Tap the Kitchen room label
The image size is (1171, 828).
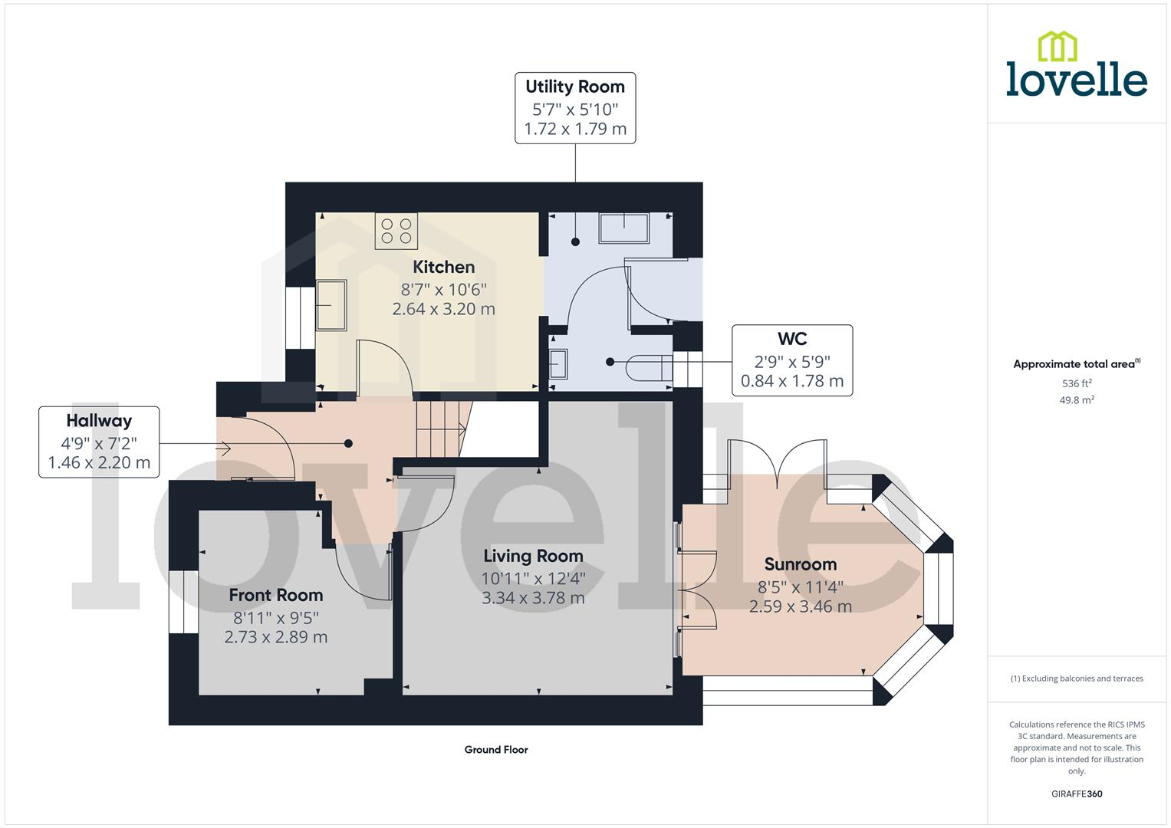(x=443, y=267)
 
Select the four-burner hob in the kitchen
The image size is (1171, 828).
(x=396, y=231)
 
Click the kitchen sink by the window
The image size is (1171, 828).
(x=331, y=305)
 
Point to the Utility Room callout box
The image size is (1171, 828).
(x=575, y=108)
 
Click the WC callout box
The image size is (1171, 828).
(x=792, y=360)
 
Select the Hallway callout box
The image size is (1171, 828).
(x=99, y=442)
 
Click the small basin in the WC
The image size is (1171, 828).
(x=558, y=363)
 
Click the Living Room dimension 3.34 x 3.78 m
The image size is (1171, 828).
(x=533, y=597)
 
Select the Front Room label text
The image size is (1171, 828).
(x=276, y=595)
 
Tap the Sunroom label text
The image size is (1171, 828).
(x=801, y=564)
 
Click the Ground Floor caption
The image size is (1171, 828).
(x=496, y=750)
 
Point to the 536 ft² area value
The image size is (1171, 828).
(x=1077, y=383)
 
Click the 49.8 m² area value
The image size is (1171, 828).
(x=1077, y=400)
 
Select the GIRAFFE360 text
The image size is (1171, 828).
(x=1077, y=793)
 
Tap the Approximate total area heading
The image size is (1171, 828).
(x=1077, y=364)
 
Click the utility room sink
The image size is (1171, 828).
(x=624, y=228)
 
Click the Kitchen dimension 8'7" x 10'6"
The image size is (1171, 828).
(x=443, y=289)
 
